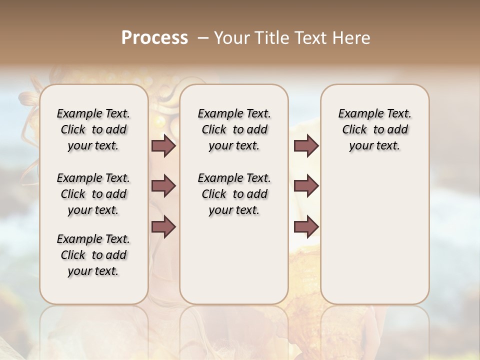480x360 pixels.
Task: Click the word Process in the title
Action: click(154, 37)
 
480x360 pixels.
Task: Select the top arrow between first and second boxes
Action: click(163, 146)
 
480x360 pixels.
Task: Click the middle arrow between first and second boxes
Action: click(163, 186)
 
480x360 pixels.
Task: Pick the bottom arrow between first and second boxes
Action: click(163, 227)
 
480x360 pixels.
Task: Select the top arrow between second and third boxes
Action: click(306, 146)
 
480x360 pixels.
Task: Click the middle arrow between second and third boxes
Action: click(306, 186)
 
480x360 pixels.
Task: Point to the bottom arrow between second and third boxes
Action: click(306, 227)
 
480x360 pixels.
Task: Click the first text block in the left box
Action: click(93, 129)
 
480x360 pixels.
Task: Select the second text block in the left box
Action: click(93, 194)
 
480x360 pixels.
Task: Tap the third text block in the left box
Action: click(93, 255)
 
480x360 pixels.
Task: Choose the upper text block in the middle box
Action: click(234, 129)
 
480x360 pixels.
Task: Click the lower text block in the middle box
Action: click(234, 194)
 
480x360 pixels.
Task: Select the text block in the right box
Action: click(375, 129)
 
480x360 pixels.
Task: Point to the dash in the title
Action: click(203, 37)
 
